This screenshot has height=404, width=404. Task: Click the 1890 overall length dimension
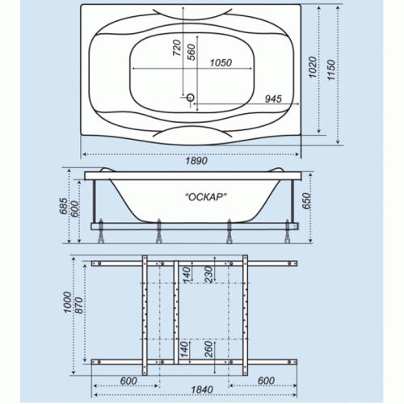[196, 161]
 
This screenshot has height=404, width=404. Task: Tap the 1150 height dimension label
[331, 70]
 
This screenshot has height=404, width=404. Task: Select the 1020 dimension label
[312, 67]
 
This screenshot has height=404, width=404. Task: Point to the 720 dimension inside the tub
[176, 48]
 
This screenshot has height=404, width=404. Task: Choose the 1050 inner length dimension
[221, 63]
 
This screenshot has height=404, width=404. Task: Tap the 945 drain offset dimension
[273, 99]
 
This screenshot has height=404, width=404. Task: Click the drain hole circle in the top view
[191, 97]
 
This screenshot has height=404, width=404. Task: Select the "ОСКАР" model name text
[206, 197]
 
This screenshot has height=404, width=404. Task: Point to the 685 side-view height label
[64, 206]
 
